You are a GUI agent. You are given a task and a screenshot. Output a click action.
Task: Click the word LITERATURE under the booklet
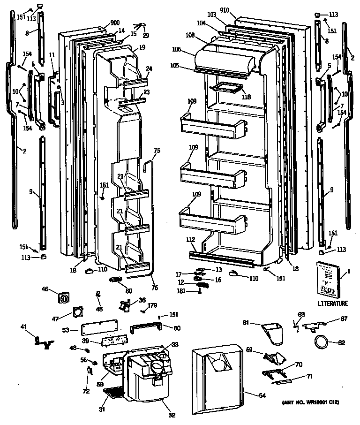click(x=333, y=304)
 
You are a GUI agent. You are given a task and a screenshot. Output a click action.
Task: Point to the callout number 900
click(x=115, y=23)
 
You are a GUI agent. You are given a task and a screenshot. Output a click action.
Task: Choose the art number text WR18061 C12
click(x=311, y=402)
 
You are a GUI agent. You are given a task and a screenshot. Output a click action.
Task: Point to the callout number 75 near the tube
click(x=157, y=150)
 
